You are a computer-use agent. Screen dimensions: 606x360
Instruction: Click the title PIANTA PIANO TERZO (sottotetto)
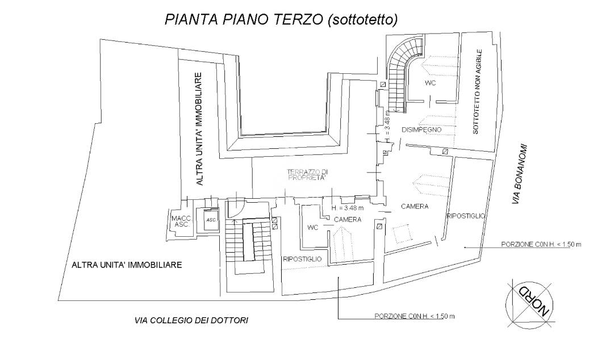click(281, 19)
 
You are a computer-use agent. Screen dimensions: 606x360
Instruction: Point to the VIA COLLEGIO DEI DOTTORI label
click(191, 320)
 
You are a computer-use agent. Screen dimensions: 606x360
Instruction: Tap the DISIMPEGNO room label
click(421, 130)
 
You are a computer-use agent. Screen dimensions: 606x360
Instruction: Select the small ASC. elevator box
click(211, 220)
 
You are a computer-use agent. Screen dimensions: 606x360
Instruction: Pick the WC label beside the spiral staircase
click(430, 83)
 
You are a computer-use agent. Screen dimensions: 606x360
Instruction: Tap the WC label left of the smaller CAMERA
click(313, 228)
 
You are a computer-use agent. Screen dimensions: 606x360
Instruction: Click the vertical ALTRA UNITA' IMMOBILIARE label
click(199, 129)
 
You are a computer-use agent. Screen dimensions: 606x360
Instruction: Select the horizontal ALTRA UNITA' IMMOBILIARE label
click(127, 265)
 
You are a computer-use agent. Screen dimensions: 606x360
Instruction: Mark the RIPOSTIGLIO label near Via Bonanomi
click(466, 216)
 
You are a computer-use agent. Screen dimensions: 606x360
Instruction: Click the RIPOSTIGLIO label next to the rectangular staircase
click(302, 259)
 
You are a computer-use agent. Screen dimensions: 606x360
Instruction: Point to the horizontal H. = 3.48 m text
click(348, 208)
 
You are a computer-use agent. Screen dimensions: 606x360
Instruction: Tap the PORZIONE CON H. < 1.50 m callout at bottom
click(414, 316)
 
